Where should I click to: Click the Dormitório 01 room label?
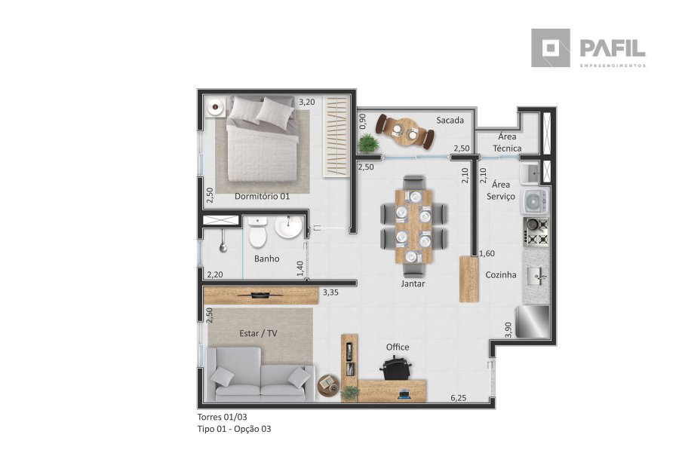[262, 196]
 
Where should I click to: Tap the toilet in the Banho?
[258, 232]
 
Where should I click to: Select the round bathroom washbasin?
[288, 227]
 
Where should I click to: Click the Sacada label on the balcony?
[450, 121]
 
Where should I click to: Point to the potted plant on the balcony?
[368, 143]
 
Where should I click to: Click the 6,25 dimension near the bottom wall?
[459, 398]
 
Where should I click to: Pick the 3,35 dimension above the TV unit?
[330, 292]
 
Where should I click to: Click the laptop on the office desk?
[404, 394]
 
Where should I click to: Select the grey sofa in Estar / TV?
[260, 375]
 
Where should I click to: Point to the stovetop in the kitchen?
[537, 232]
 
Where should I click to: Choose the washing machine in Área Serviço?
[535, 201]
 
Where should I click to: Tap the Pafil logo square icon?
[551, 48]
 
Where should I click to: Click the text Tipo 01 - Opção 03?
[235, 429]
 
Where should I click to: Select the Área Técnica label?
[507, 142]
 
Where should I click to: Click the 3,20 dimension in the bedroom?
[307, 102]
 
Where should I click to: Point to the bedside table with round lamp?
[215, 107]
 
